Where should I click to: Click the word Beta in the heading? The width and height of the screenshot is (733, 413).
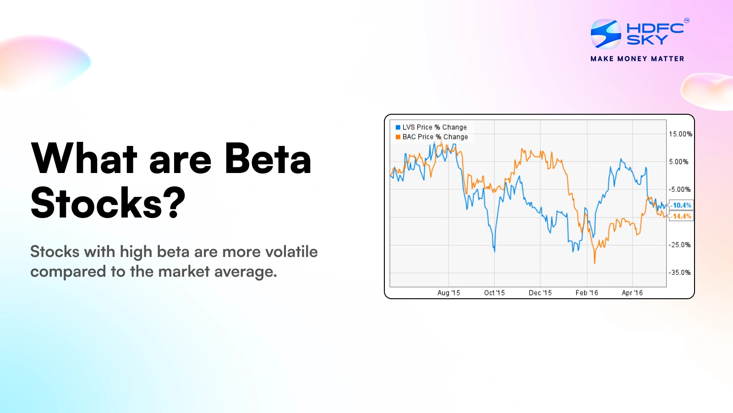click(268, 159)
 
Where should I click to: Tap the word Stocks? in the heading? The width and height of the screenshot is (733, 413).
click(108, 203)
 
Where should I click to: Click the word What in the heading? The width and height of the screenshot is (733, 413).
click(84, 159)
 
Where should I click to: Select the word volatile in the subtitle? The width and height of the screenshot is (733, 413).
click(291, 251)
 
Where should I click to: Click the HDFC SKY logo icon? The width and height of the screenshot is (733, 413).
click(606, 33)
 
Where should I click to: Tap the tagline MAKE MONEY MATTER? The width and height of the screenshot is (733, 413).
click(637, 59)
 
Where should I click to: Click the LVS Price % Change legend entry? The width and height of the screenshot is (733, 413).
click(431, 127)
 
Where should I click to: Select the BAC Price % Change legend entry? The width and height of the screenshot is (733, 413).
click(432, 137)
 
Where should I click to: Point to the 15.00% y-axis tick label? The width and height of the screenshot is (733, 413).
click(680, 134)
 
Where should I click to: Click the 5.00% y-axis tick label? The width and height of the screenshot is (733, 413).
click(678, 162)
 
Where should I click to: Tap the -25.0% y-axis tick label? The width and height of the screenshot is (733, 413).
click(679, 245)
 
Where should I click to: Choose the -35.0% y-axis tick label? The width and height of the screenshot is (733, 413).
click(679, 272)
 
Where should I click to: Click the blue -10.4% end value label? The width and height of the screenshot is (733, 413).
click(681, 205)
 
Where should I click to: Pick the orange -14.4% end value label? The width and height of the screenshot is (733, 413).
click(681, 216)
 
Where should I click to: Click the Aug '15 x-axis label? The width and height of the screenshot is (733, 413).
click(449, 293)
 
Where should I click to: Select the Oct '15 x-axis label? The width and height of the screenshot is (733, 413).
click(494, 293)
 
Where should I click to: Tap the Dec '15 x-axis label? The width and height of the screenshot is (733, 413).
click(540, 293)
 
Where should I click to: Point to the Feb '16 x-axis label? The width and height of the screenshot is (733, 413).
click(587, 293)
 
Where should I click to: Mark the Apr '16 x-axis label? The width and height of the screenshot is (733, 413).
click(632, 293)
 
